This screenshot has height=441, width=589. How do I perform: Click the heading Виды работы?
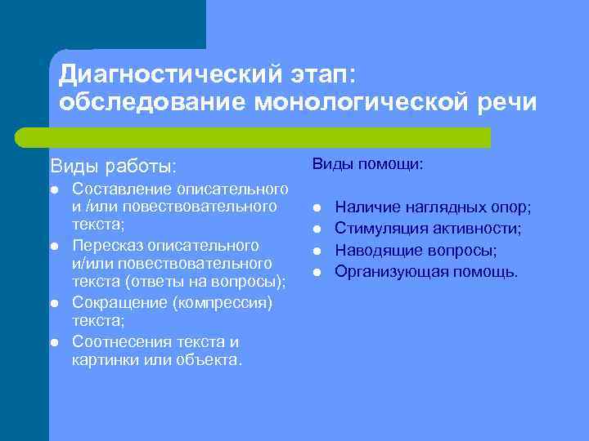[x=113, y=166]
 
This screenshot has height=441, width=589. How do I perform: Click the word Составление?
[x=123, y=189]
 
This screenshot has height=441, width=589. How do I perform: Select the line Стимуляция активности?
[x=429, y=229]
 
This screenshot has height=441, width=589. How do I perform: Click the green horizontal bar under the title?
[x=253, y=137]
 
